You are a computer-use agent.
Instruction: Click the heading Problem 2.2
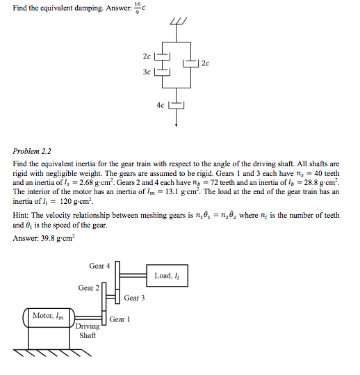click(x=32, y=150)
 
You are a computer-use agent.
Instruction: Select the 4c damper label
click(x=161, y=106)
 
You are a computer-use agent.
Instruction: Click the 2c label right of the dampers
click(x=205, y=63)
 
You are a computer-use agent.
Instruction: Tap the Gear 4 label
click(x=99, y=266)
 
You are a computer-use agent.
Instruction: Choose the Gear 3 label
click(x=134, y=298)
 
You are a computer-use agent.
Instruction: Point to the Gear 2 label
click(x=88, y=287)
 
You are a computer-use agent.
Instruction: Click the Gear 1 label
click(x=120, y=319)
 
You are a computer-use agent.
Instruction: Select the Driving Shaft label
click(x=88, y=330)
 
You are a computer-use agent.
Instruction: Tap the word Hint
click(x=21, y=216)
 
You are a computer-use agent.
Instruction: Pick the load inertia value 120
click(x=53, y=201)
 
